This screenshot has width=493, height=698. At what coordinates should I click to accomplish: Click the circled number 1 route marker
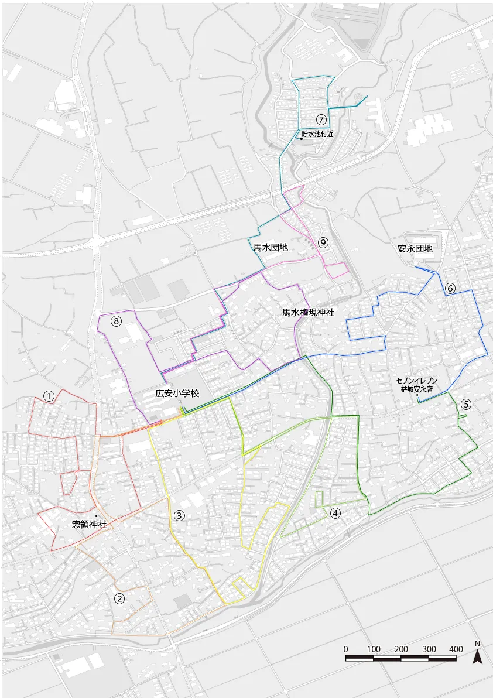49,396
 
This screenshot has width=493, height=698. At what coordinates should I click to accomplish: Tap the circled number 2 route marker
119,598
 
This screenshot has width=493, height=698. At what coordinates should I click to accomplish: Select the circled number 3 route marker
179,515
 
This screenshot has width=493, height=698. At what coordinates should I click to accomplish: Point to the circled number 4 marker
335,513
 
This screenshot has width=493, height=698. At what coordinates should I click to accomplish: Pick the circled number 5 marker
465,403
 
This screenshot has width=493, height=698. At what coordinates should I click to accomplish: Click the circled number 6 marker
450,288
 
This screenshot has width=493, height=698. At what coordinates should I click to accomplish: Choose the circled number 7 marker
321,119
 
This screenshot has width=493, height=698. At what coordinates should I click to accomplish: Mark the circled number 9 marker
323,242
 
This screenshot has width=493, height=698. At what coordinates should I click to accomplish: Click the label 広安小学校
177,394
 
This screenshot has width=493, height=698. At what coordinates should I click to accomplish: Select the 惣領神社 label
89,524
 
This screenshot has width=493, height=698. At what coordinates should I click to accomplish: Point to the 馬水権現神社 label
308,313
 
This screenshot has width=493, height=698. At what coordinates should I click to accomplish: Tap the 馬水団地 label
271,248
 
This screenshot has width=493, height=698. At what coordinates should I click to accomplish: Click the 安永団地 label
415,248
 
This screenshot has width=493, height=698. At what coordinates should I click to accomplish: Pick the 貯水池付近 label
317,134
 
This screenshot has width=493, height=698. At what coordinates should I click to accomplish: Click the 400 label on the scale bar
456,649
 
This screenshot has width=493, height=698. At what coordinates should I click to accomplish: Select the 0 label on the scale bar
345,649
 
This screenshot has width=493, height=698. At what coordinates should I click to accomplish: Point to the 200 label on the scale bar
401,649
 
